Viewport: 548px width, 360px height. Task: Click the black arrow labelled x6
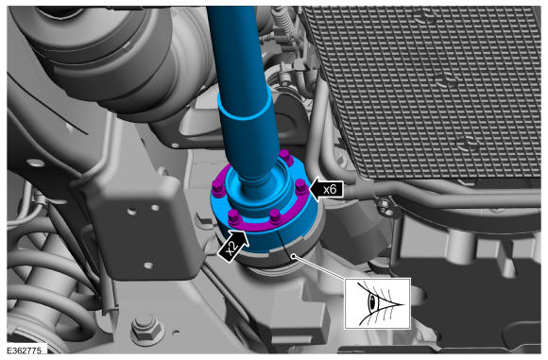click(x=326, y=190)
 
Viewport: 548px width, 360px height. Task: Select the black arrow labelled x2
click(x=233, y=246)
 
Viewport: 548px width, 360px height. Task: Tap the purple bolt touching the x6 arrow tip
click(x=301, y=187)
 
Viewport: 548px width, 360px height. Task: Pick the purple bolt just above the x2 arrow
click(x=233, y=217)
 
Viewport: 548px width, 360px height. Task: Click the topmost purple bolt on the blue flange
click(x=284, y=156)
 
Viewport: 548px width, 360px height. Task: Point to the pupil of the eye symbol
click(x=373, y=302)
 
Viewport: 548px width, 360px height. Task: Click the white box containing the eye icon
click(x=377, y=303)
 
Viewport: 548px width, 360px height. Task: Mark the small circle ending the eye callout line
click(x=294, y=257)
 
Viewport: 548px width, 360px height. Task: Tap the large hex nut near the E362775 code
click(x=147, y=330)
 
